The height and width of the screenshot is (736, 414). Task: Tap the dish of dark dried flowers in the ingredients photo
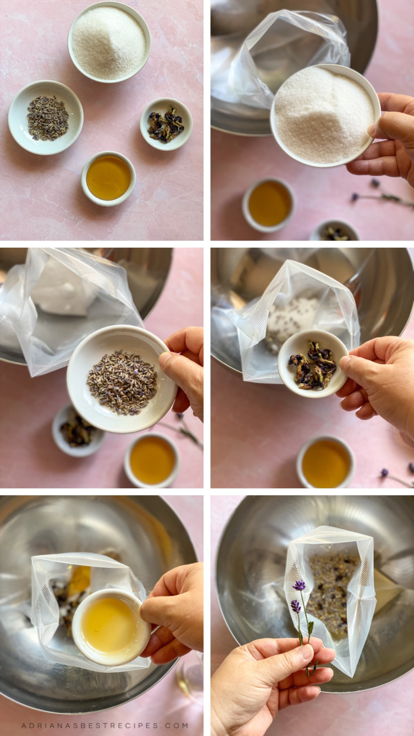(166, 124)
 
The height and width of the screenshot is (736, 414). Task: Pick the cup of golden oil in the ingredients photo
(108, 178)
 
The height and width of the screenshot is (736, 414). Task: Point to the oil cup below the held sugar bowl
(268, 203)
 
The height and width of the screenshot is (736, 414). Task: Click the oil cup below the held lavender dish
(152, 460)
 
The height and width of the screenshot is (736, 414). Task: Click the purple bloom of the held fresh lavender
(299, 585)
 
